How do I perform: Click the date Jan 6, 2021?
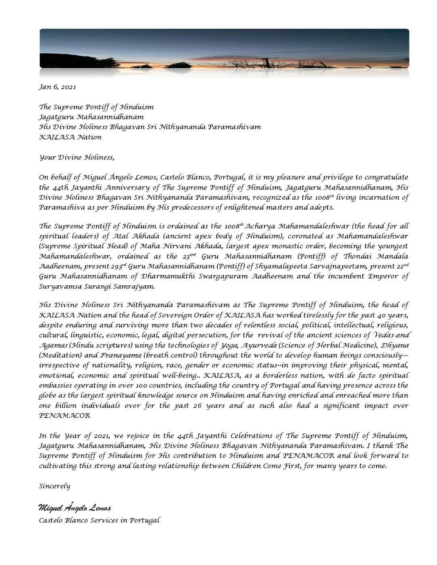pyautogui.click(x=57, y=87)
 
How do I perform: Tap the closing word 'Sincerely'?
pyautogui.click(x=54, y=486)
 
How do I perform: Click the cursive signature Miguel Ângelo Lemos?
pyautogui.click(x=74, y=508)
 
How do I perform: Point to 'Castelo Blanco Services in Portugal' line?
pyautogui.click(x=99, y=520)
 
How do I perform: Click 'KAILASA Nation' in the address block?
pyautogui.click(x=70, y=137)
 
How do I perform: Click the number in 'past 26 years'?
pyautogui.click(x=197, y=405)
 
